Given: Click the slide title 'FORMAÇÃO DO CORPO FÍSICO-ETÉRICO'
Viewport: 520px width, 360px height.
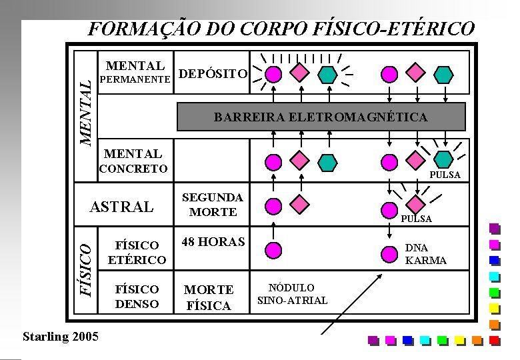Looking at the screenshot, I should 282,29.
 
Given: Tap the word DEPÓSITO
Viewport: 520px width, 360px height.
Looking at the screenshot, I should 214,73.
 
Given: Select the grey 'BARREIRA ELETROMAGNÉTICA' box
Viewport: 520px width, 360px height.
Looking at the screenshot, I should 321,117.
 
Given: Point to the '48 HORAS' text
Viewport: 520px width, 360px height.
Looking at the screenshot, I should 213,242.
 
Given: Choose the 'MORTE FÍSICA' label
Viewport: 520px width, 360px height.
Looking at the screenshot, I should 209,298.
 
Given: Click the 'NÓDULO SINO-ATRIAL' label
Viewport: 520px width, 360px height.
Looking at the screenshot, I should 292,294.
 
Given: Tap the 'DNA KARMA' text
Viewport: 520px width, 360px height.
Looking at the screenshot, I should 425,254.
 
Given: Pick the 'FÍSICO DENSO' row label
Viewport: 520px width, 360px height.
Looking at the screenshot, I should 137,297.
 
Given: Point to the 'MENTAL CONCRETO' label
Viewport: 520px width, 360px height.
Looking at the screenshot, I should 133,161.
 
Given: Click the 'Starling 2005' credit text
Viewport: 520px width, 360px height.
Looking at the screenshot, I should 60,336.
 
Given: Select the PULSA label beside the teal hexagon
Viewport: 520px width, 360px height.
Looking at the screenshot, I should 445,175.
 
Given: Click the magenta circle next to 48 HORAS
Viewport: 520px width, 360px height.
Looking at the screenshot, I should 273,250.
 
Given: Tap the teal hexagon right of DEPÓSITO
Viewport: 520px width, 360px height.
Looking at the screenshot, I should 327,73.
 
